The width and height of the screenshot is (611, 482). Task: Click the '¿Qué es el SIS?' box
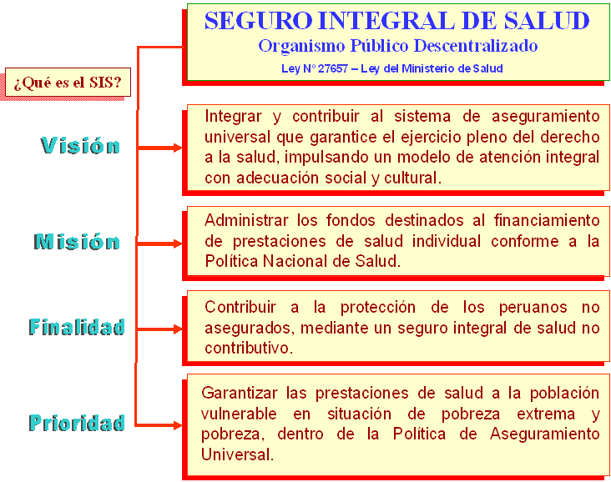68,83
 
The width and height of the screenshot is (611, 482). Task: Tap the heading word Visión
80,146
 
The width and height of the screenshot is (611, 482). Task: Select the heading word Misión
77,241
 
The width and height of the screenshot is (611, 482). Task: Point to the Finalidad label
77,327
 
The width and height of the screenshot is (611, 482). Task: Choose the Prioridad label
77,423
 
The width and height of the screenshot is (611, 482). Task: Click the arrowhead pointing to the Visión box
178,148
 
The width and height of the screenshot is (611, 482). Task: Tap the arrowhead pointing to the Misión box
178,244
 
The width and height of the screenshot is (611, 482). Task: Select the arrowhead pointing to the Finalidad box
178,329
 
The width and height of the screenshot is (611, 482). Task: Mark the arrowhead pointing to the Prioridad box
178,424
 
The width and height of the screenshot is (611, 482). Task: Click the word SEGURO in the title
259,21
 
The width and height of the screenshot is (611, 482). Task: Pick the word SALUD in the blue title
547,21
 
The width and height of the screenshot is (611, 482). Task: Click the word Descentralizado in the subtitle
476,46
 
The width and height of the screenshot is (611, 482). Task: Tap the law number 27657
333,68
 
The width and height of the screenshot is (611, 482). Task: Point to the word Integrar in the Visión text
233,117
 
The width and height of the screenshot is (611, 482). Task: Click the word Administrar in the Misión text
246,220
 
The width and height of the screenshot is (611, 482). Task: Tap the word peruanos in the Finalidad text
533,308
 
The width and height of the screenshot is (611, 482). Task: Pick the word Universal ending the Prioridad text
237,454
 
